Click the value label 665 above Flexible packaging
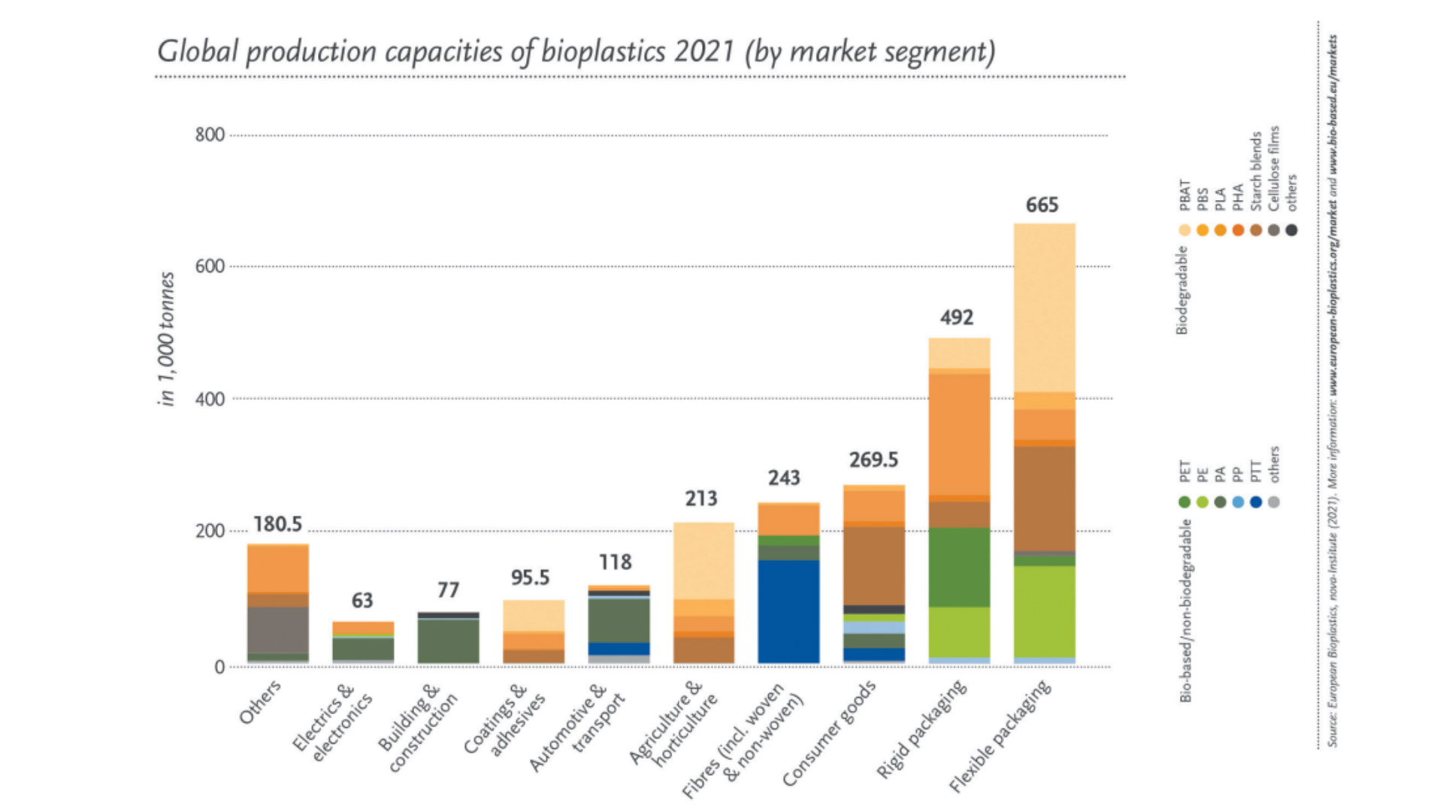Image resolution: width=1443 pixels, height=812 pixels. tap(1042, 205)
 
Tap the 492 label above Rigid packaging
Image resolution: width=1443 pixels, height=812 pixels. tap(957, 317)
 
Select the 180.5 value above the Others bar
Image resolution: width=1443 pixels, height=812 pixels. tap(277, 524)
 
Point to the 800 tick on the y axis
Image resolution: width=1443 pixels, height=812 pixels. tap(210, 135)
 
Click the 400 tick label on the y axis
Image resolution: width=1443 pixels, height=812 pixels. tap(210, 399)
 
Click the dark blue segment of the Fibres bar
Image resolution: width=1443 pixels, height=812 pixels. tap(788, 611)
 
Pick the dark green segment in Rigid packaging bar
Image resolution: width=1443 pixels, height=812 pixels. tap(959, 567)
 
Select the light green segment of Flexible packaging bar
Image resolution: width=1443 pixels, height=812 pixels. tap(1044, 611)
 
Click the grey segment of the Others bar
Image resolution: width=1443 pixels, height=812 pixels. tap(277, 630)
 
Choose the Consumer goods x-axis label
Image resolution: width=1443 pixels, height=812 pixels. tap(829, 733)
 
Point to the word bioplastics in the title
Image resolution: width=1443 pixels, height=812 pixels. tap(603, 52)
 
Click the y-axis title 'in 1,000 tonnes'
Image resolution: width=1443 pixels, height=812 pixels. tap(167, 339)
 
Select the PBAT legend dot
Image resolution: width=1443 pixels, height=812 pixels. tap(1184, 230)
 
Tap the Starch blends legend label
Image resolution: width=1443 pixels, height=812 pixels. tap(1256, 171)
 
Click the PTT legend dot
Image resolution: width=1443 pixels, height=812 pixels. tap(1256, 501)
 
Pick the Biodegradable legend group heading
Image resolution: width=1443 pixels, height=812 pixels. tap(1183, 290)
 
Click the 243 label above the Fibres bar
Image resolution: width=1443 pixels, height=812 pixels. tap(784, 478)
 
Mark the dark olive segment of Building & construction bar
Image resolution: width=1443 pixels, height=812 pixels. tap(448, 641)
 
